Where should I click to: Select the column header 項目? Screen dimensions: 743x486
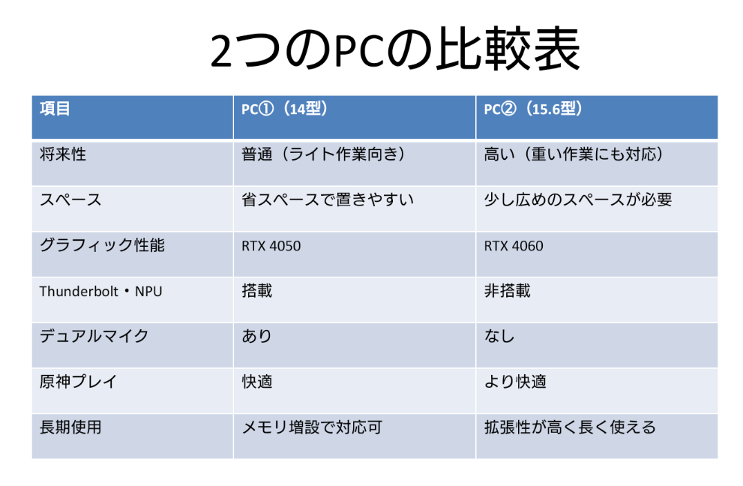tap(55, 109)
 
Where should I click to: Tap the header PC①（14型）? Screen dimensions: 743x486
tap(285, 109)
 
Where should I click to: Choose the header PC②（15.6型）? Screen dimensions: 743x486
tap(533, 109)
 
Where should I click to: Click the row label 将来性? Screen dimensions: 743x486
tap(63, 154)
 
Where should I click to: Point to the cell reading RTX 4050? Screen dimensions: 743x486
tap(271, 246)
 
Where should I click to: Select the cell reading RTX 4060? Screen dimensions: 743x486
tap(514, 246)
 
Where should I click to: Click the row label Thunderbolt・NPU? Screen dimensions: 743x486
tap(101, 291)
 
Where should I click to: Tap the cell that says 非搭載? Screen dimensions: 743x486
tap(507, 291)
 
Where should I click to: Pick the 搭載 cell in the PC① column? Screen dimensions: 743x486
tap(257, 291)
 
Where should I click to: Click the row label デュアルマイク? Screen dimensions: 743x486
tap(94, 336)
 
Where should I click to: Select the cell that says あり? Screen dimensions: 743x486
tap(257, 336)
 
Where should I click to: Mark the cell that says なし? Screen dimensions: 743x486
tap(499, 336)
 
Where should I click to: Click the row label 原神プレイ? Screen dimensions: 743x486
tap(79, 382)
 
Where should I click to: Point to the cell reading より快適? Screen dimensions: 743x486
tap(515, 382)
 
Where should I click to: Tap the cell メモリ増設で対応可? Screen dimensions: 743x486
tap(312, 427)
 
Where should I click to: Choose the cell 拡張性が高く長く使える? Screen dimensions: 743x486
tap(570, 427)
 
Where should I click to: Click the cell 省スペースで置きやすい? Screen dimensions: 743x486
tap(328, 199)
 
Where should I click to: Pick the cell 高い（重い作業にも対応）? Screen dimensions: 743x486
tap(574, 154)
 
